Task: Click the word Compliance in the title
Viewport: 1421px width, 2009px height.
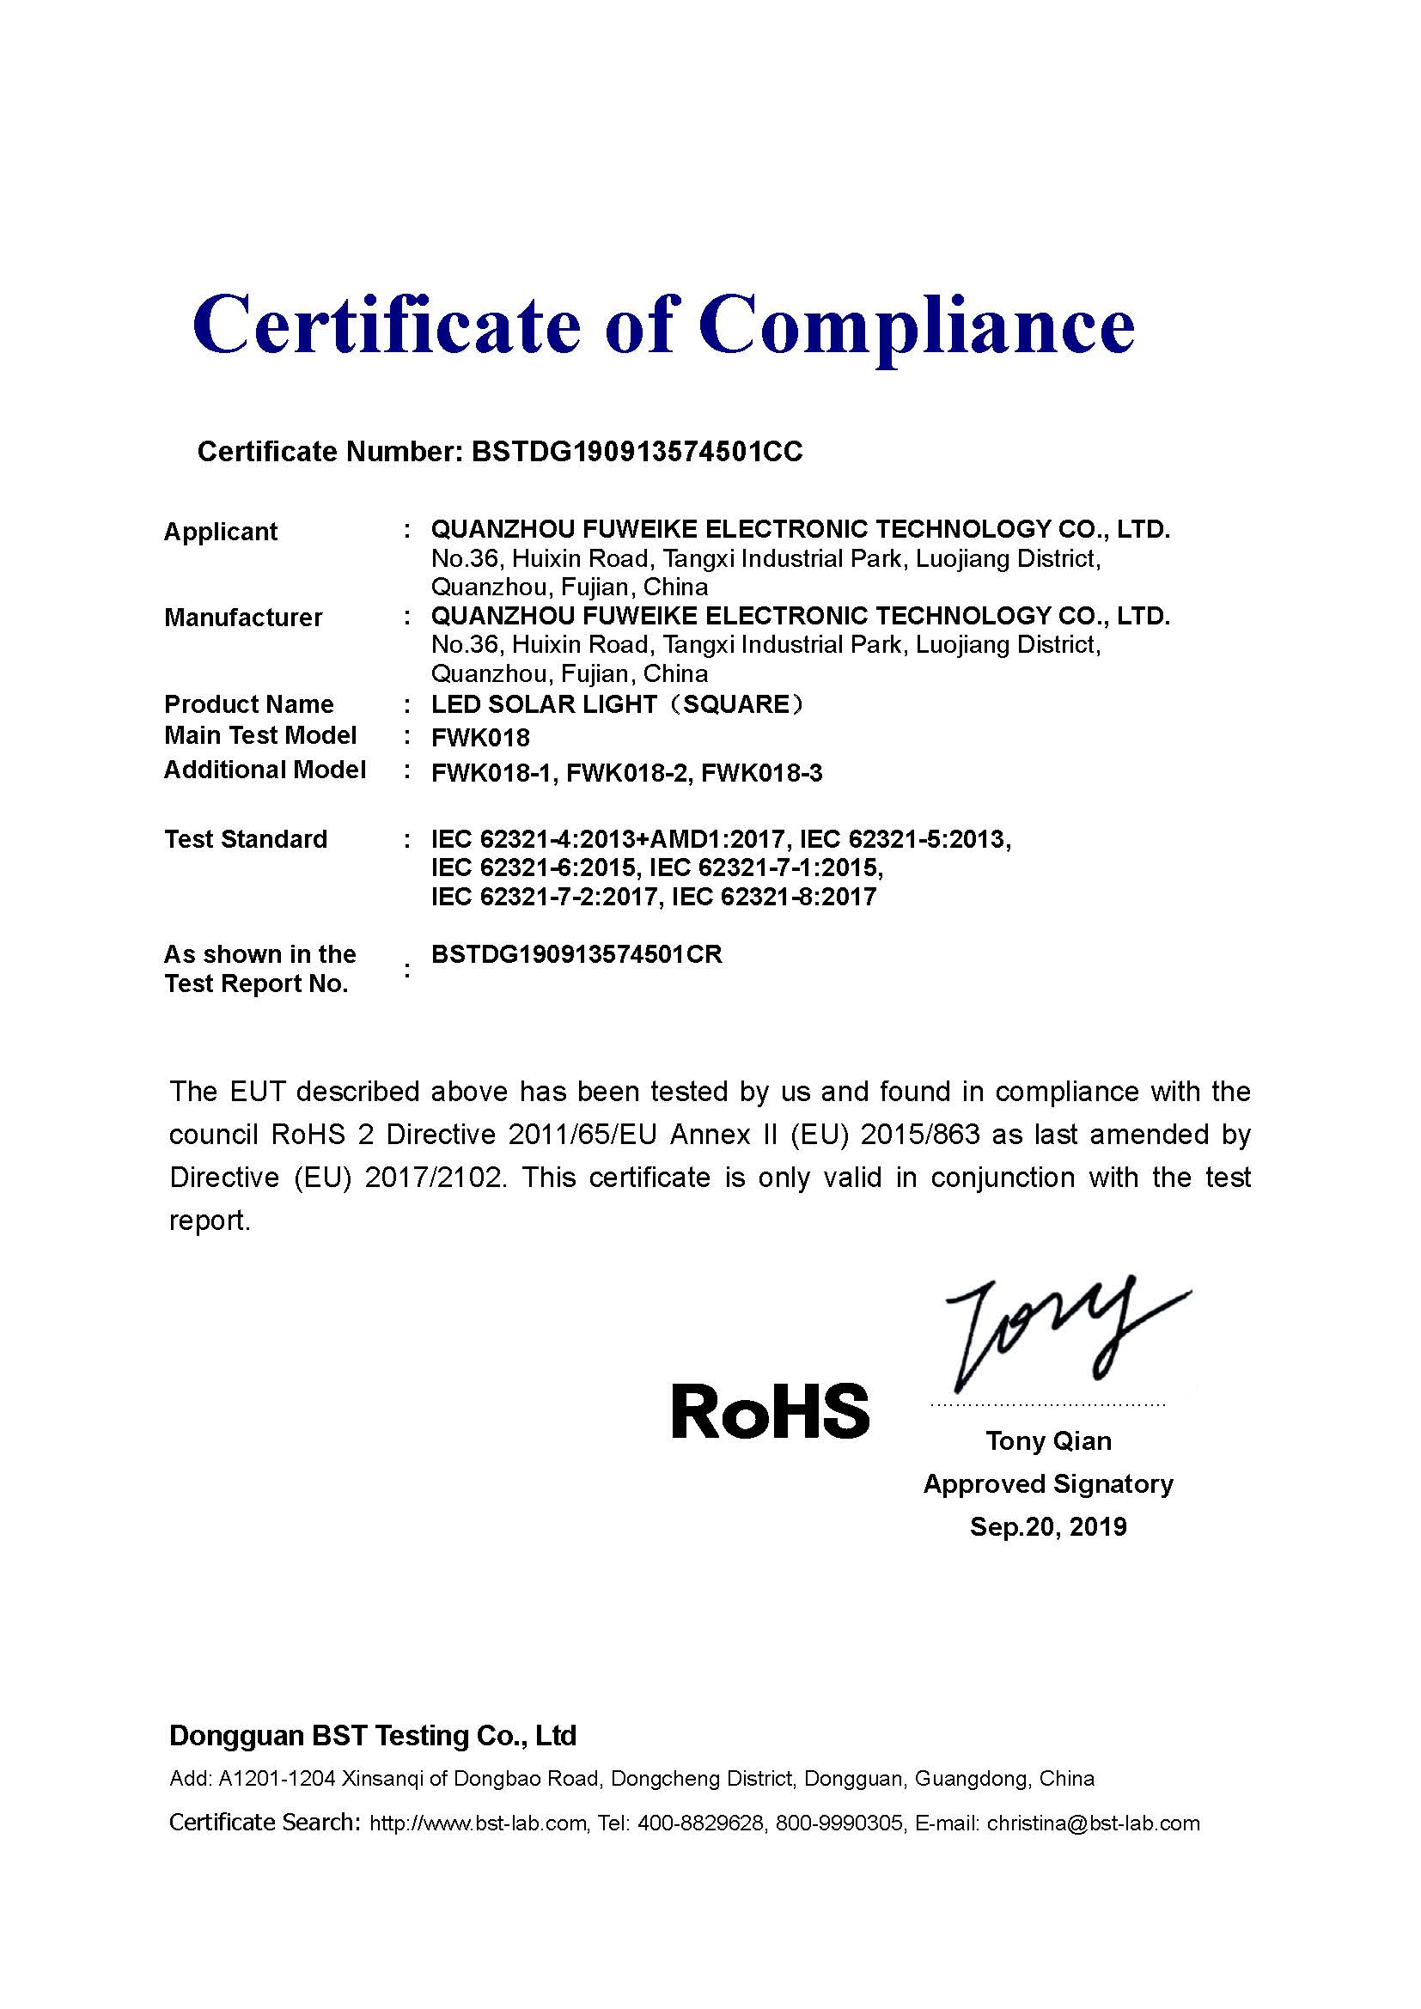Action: point(916,326)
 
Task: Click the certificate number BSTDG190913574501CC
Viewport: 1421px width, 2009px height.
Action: point(637,452)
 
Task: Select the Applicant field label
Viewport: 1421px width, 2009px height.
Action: point(221,532)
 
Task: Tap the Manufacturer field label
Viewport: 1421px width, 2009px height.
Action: point(243,618)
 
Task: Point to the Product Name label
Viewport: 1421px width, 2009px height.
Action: point(248,704)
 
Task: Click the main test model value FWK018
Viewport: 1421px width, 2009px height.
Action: point(480,738)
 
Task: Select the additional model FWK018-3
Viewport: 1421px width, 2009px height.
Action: point(762,774)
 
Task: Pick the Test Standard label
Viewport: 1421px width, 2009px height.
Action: point(246,839)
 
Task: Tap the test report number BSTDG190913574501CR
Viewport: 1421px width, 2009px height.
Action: point(576,954)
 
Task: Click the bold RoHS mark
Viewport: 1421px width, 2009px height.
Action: point(770,1411)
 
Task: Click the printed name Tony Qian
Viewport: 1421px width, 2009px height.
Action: point(1048,1441)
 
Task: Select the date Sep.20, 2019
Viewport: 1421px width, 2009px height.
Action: point(1048,1527)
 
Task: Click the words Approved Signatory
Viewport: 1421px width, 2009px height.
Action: point(1048,1484)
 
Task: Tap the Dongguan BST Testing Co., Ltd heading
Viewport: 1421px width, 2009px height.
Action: point(373,1736)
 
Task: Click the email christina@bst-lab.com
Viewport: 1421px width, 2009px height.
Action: point(1094,1823)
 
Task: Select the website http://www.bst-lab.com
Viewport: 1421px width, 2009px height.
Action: point(478,1823)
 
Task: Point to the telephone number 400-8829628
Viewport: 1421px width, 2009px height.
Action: point(700,1823)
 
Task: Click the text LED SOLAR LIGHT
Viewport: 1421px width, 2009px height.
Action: point(543,704)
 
